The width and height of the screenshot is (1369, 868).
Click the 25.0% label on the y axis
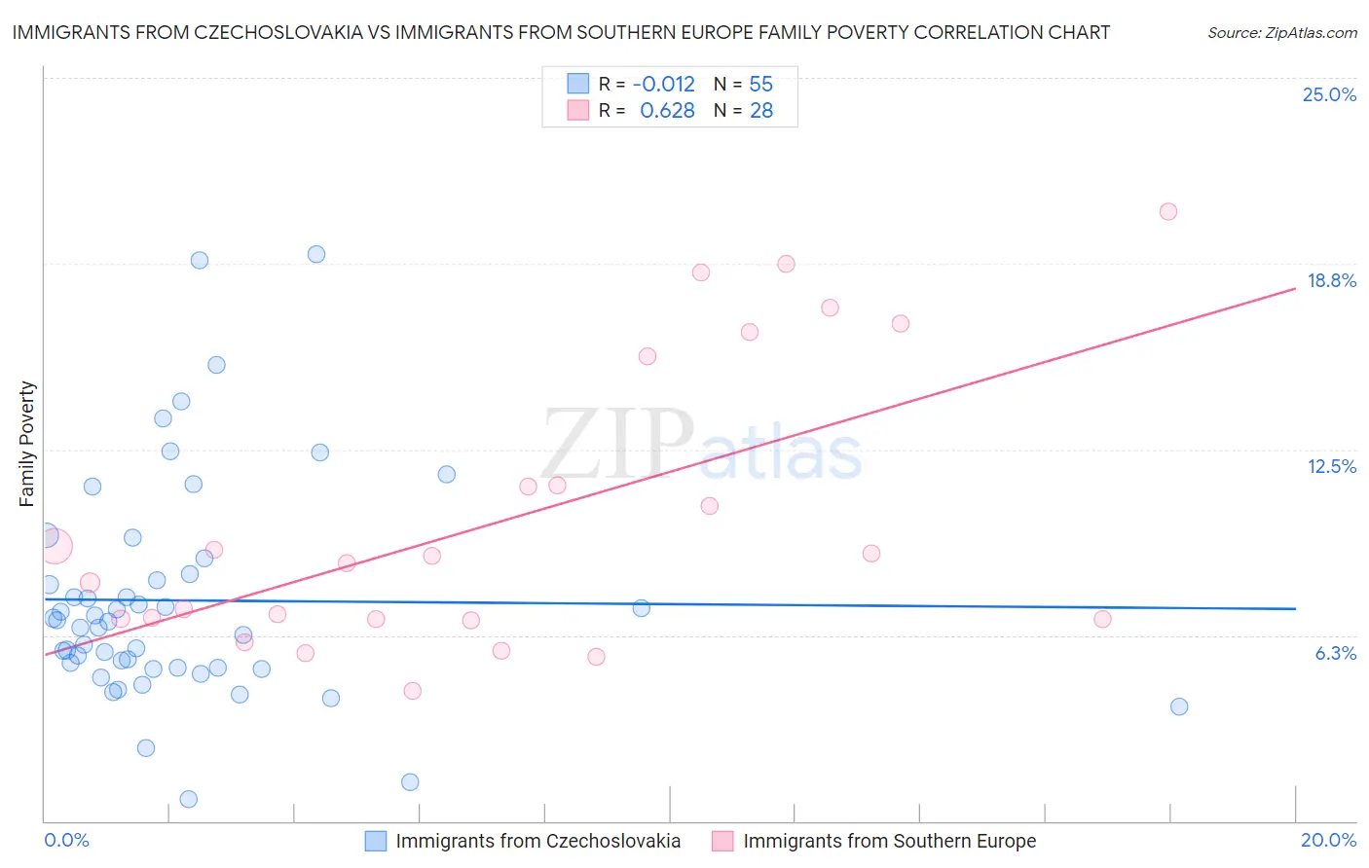coord(1329,94)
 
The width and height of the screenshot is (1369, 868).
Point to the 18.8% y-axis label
coord(1331,280)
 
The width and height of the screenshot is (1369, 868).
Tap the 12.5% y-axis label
coord(1331,466)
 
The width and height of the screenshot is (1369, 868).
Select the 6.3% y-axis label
coord(1335,653)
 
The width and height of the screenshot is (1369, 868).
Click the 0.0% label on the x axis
coord(66,840)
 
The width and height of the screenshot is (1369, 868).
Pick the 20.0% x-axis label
coord(1328,840)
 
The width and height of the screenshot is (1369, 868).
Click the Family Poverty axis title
coord(26,444)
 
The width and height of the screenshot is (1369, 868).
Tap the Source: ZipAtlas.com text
coord(1281,33)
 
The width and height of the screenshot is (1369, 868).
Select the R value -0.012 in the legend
coord(663,85)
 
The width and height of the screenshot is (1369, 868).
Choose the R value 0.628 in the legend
coord(667,111)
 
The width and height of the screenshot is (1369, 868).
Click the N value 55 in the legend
coord(760,85)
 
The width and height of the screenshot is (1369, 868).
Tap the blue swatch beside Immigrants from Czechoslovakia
coord(376,841)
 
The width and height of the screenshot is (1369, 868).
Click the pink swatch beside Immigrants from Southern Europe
coord(722,841)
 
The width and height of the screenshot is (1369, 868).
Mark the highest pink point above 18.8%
coord(1167,211)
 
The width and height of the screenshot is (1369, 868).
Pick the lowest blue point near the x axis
coord(189,799)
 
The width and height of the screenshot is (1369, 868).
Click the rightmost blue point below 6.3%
coord(1178,706)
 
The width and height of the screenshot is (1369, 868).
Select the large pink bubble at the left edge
coord(55,546)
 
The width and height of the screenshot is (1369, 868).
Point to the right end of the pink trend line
coord(1295,288)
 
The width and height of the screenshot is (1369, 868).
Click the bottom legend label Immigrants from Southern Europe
coord(889,841)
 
